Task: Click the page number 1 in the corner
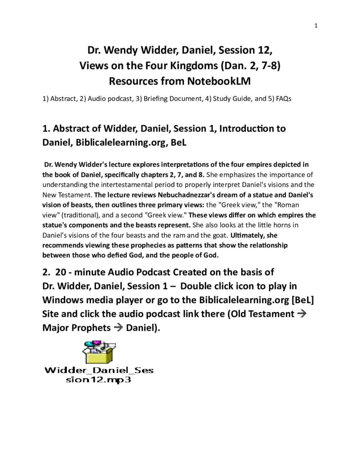click(315, 25)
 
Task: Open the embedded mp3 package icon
click(98, 352)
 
